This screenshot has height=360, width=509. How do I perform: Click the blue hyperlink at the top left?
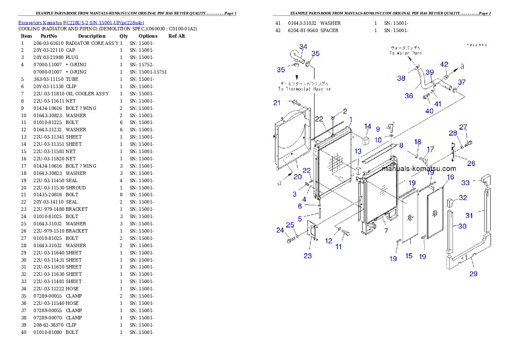tap(81, 22)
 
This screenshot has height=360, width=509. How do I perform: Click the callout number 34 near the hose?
tap(303, 47)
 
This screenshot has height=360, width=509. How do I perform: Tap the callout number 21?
tap(277, 103)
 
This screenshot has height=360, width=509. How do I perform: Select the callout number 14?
tap(368, 126)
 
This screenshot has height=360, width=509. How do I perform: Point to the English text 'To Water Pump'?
tap(405, 53)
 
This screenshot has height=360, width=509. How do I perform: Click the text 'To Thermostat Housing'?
tap(304, 89)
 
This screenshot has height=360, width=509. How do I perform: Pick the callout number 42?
tap(444, 65)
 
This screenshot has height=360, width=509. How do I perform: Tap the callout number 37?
tap(462, 82)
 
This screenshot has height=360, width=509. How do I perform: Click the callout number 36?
tap(409, 96)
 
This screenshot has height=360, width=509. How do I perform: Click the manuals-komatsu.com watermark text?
tap(418, 168)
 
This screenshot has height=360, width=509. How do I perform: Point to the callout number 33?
tap(465, 183)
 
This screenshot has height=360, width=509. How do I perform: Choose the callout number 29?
tap(473, 274)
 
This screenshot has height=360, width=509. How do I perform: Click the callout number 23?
tap(308, 256)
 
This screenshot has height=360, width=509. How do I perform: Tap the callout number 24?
tap(280, 230)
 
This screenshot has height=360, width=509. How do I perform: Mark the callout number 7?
tap(386, 231)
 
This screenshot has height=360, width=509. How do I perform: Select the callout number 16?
tap(450, 177)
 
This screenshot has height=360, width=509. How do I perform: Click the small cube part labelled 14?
tap(366, 140)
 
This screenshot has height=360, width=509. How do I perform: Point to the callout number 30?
tap(462, 226)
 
